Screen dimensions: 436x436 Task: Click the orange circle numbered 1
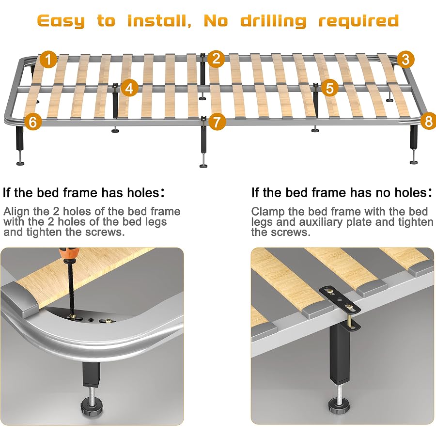pyautogui.click(x=48, y=60)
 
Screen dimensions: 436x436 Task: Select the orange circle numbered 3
pyautogui.click(x=406, y=60)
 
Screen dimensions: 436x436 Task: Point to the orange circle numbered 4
pyautogui.click(x=129, y=88)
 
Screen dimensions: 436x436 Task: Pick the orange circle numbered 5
pyautogui.click(x=330, y=88)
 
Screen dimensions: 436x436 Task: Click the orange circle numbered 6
pyautogui.click(x=32, y=122)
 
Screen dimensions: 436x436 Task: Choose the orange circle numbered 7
pyautogui.click(x=217, y=121)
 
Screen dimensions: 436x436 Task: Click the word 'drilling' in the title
pyautogui.click(x=274, y=21)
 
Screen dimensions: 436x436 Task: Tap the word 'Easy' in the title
pyautogui.click(x=61, y=21)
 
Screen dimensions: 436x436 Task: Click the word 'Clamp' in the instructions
pyautogui.click(x=267, y=212)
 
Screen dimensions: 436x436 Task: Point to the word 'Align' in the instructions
pyautogui.click(x=17, y=212)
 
